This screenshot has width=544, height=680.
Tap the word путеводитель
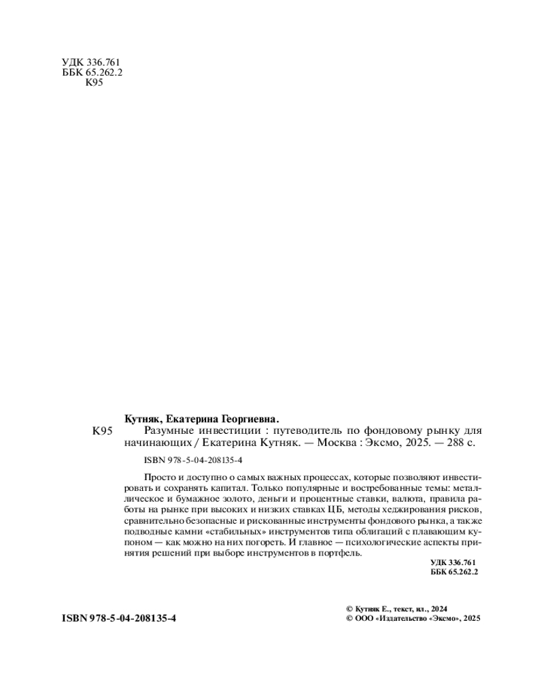point(303,430)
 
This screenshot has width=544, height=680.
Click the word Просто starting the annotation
point(158,477)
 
